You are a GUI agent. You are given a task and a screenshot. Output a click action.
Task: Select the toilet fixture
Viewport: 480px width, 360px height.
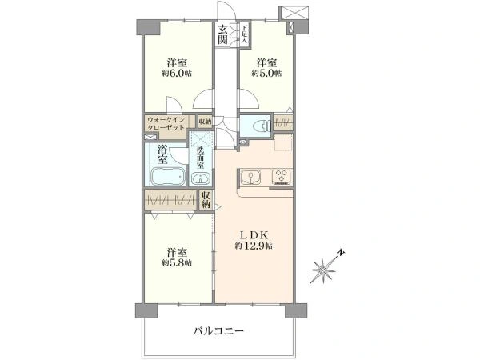click(x=258, y=126)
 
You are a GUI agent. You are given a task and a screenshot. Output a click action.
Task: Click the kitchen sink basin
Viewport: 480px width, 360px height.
click(x=248, y=176)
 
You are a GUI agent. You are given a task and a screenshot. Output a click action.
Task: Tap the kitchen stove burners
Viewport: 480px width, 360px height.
click(x=281, y=176)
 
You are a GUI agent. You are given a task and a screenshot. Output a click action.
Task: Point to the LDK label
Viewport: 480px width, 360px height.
click(x=255, y=234)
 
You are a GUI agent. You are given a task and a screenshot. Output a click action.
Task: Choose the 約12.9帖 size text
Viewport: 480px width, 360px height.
click(x=255, y=246)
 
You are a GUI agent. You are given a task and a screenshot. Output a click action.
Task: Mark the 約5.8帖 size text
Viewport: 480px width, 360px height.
click(x=176, y=262)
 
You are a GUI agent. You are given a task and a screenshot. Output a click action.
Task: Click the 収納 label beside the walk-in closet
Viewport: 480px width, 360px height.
click(x=206, y=122)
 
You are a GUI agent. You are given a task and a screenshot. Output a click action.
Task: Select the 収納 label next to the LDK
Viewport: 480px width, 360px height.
click(x=206, y=200)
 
